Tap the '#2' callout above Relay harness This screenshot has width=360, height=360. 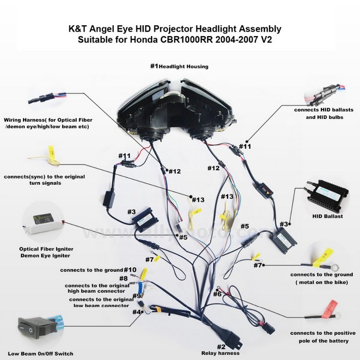tap(221, 346)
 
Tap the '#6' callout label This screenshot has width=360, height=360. tap(217, 294)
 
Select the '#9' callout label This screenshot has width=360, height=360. tap(136, 296)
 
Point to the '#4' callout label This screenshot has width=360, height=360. tap(136, 312)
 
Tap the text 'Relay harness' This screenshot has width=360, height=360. tap(221, 353)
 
